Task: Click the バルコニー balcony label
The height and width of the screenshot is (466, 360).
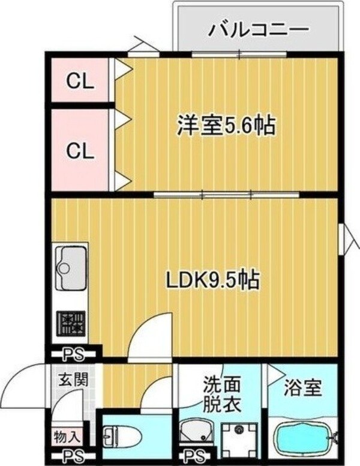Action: click(259, 29)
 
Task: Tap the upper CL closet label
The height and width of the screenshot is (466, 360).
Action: click(80, 80)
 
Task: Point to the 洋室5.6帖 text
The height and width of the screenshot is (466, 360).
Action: click(226, 126)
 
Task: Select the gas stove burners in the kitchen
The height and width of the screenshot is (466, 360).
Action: click(71, 324)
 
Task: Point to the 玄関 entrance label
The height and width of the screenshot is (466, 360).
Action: click(72, 380)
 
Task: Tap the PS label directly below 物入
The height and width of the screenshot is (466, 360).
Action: click(71, 455)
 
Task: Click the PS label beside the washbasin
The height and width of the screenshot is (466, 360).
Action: click(192, 455)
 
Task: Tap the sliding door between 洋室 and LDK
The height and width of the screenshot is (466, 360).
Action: click(227, 195)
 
